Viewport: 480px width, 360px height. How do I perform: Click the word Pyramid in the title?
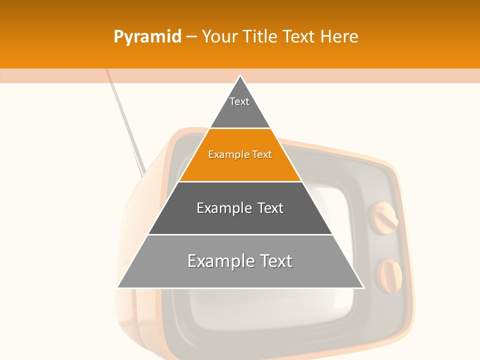[x=147, y=37]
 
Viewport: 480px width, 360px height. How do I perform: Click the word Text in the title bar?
[x=300, y=37]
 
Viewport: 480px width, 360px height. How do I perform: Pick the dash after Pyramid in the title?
[x=191, y=37]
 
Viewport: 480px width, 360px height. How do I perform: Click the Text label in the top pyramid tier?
[x=239, y=101]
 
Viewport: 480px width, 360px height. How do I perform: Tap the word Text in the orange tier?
[x=262, y=154]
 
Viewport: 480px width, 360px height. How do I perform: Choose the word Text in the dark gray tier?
[x=270, y=208]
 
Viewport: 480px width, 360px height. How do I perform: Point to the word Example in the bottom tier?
[x=221, y=261]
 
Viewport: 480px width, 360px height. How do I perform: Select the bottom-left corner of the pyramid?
[x=118, y=287]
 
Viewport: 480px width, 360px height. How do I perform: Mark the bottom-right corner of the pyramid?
[x=363, y=287]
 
